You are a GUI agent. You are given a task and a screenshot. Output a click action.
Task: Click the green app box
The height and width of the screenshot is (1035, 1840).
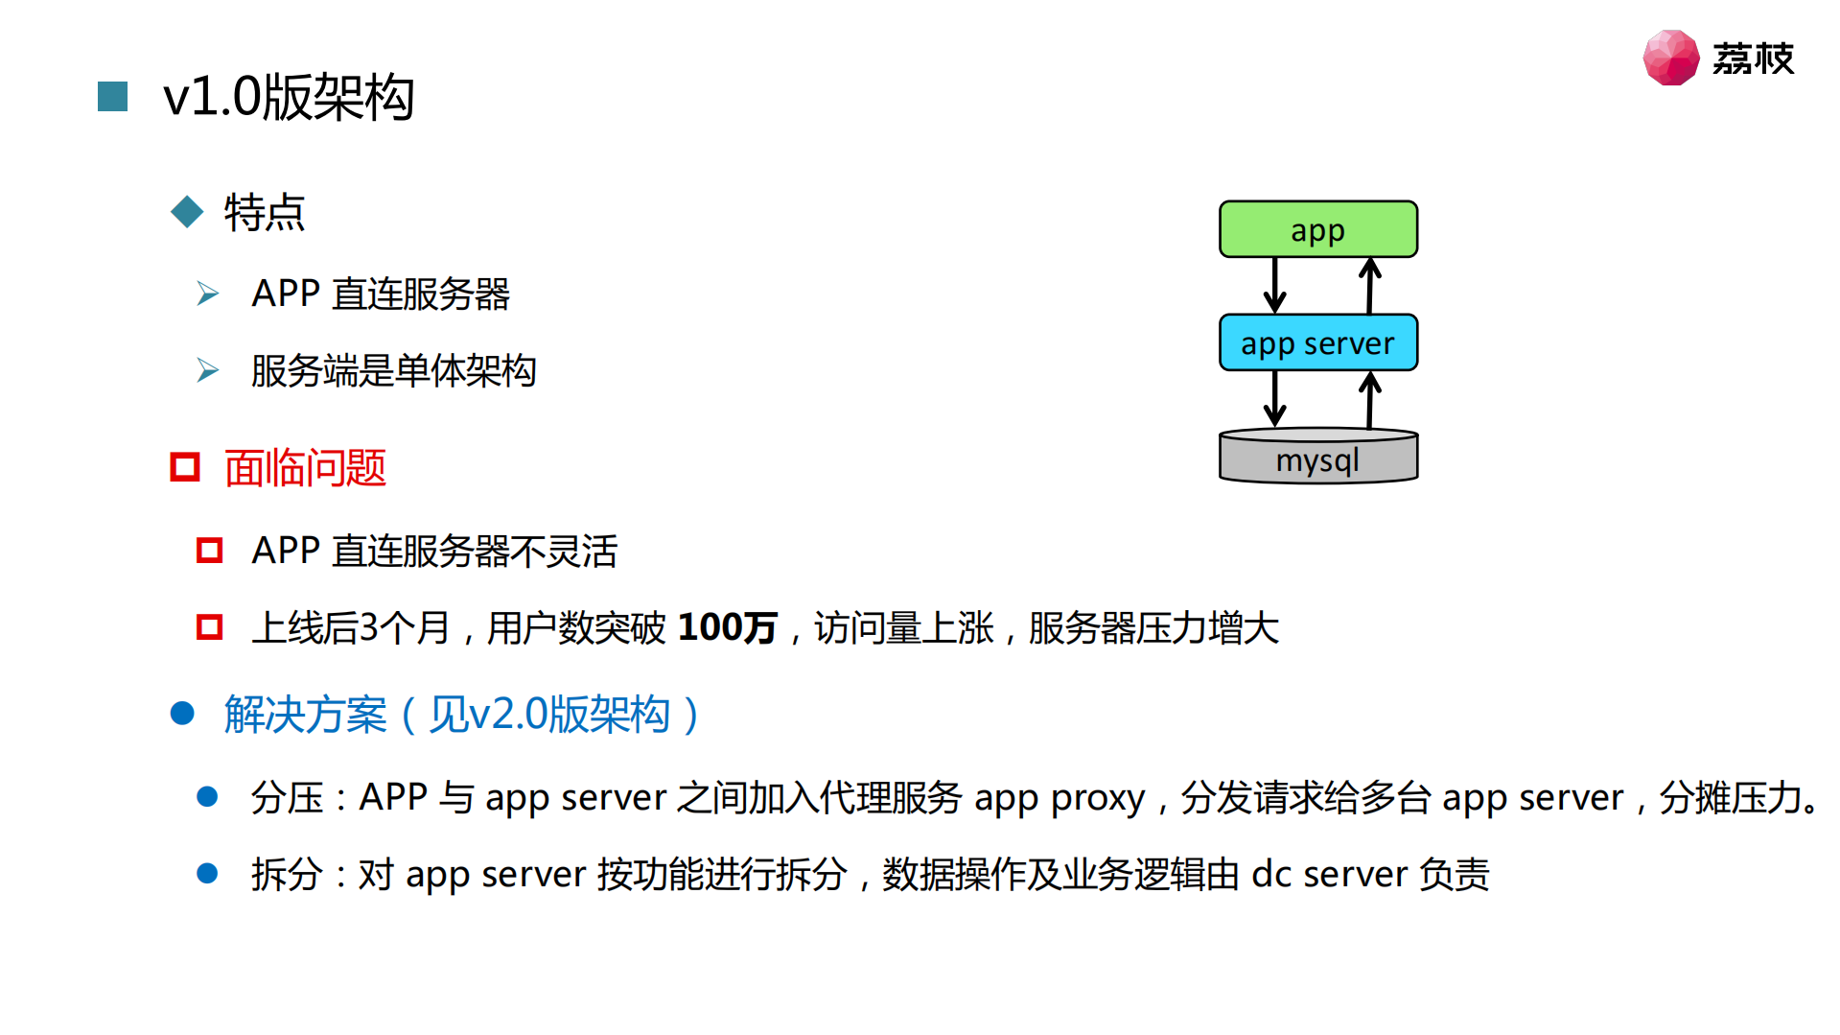(x=1317, y=229)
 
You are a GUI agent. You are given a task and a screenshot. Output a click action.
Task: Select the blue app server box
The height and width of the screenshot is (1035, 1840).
(x=1317, y=342)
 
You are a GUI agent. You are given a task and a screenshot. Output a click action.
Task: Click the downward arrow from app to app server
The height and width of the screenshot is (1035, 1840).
(x=1274, y=285)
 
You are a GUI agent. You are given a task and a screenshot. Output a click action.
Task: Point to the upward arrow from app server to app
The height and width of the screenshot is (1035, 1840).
(x=1370, y=285)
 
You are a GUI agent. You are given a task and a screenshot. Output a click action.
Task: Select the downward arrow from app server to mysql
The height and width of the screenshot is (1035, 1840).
(x=1274, y=398)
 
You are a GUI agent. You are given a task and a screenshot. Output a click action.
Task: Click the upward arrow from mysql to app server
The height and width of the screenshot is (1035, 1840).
(x=1370, y=399)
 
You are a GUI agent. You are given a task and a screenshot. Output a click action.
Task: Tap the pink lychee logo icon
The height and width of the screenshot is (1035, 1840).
(x=1670, y=58)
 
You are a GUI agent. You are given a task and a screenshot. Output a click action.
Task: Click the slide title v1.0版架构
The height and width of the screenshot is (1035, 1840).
(x=289, y=97)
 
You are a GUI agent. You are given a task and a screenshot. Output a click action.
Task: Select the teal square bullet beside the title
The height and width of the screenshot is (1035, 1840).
(x=113, y=97)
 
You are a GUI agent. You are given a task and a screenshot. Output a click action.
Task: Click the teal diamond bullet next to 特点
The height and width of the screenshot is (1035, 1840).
(x=187, y=212)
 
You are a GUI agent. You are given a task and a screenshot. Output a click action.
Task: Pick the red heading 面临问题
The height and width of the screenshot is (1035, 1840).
(x=305, y=468)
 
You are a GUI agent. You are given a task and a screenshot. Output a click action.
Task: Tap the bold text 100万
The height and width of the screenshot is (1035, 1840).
(x=727, y=628)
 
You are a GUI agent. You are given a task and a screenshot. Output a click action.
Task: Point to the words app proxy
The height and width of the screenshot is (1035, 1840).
(x=1059, y=798)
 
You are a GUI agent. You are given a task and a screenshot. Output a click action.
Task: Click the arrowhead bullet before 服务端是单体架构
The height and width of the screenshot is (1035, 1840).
(x=207, y=370)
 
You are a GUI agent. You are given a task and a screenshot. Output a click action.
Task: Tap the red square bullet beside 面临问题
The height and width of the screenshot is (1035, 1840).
(x=185, y=468)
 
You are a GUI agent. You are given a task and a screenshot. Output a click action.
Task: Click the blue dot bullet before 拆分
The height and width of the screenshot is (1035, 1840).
(x=207, y=874)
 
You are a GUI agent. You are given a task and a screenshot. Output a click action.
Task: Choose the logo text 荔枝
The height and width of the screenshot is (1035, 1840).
(x=1753, y=59)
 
